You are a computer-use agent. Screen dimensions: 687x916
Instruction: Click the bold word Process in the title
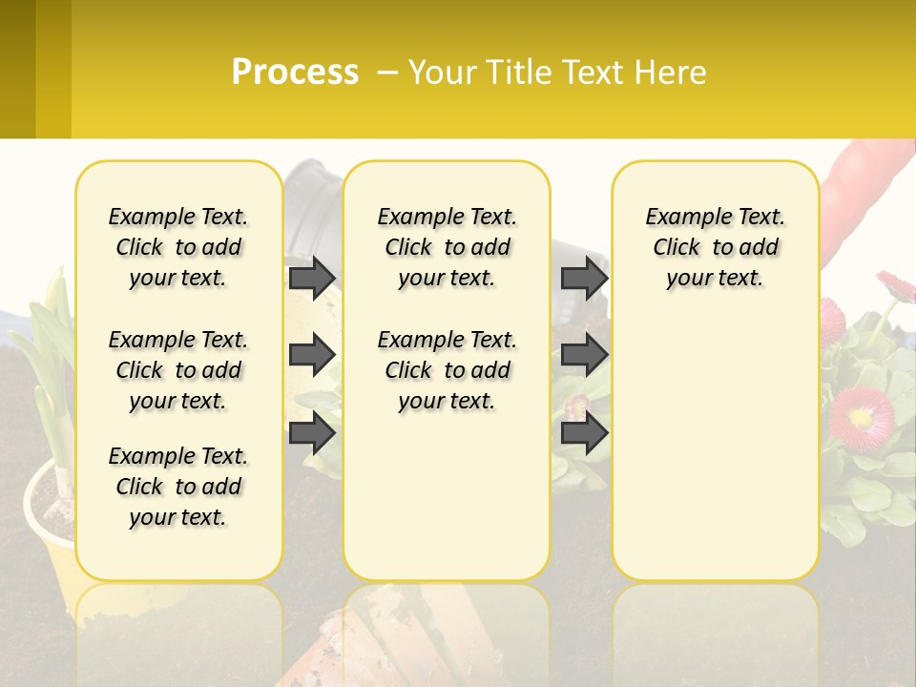295,72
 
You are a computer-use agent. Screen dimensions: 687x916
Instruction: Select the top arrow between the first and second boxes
312,278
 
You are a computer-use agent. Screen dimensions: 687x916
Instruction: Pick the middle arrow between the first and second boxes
312,356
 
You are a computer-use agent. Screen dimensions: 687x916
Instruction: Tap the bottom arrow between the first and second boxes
312,434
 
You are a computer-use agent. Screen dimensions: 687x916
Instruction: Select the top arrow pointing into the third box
584,278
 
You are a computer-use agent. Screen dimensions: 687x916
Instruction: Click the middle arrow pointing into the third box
584,356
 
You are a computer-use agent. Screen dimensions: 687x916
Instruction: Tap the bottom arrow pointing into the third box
584,434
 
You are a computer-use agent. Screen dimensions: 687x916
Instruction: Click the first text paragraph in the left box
178,247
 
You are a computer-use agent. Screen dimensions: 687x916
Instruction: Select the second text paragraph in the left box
178,370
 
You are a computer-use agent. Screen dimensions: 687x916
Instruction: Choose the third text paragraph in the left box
178,487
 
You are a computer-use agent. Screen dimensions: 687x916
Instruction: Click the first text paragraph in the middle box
448,247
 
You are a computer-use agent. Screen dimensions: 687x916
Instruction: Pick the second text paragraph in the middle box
448,370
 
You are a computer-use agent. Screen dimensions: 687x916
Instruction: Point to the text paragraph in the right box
716,247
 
